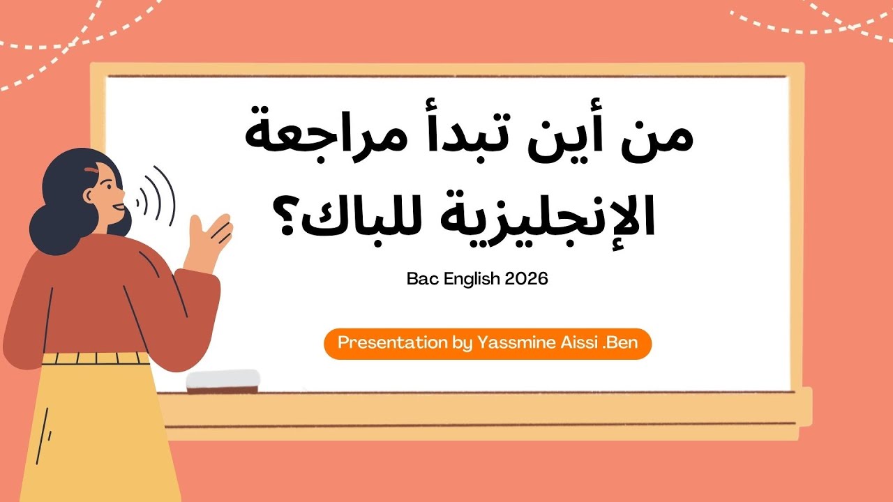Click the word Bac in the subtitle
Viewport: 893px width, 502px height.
click(x=421, y=279)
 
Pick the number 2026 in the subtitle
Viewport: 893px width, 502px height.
click(x=527, y=279)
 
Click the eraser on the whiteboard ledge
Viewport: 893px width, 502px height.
click(x=223, y=381)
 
